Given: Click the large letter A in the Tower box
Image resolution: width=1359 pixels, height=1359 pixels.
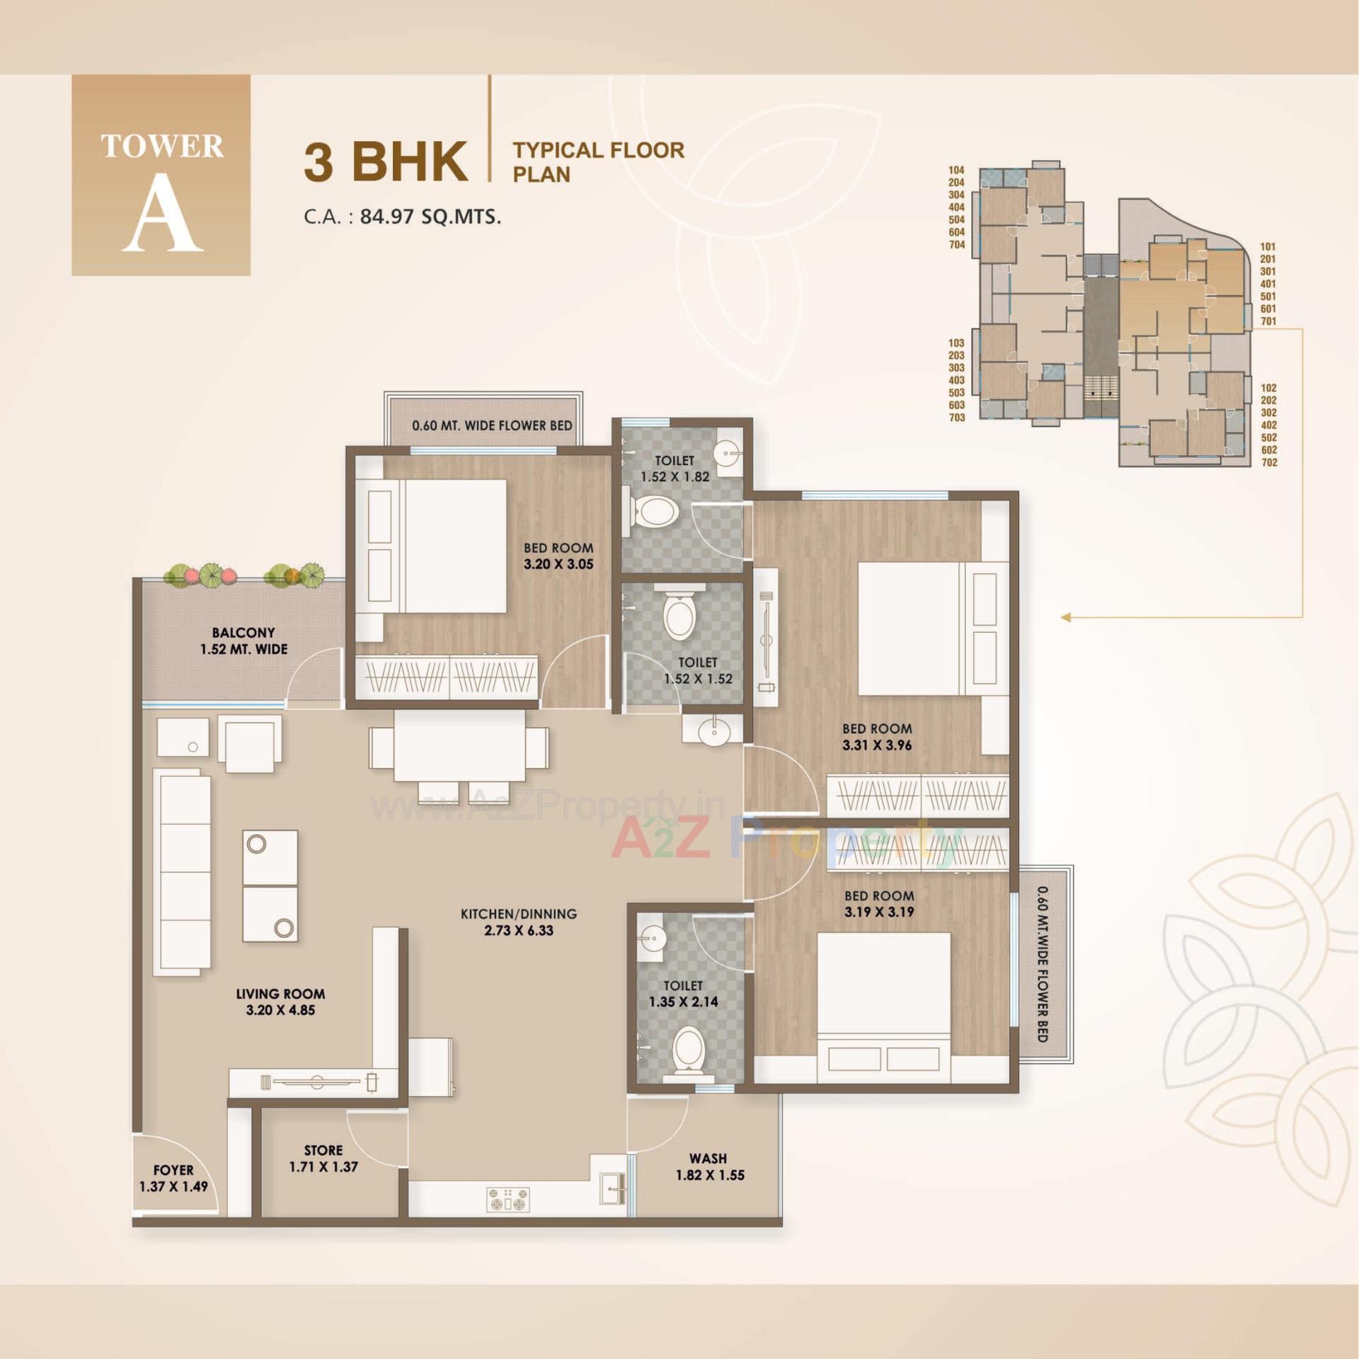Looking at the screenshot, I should tap(162, 213).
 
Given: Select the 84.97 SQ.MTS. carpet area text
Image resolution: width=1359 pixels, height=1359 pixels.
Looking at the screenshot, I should tap(430, 217).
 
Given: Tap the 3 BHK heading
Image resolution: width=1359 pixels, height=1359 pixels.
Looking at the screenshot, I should tap(386, 161).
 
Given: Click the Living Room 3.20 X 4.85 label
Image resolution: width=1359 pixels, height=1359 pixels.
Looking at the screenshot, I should tap(280, 1002).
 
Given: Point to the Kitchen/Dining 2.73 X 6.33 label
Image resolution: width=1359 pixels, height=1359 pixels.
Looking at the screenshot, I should tap(518, 922).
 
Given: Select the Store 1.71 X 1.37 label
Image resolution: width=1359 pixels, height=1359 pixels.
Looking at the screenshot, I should tap(323, 1158).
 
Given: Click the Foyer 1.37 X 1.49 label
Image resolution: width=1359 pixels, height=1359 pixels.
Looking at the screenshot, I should tap(173, 1178).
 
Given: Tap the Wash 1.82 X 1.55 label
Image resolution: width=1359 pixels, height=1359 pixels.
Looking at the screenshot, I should tap(709, 1166).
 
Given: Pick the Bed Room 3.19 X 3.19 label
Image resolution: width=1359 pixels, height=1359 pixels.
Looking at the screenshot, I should tap(879, 903).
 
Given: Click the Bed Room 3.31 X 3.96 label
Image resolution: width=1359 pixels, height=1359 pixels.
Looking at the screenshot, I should tap(877, 736).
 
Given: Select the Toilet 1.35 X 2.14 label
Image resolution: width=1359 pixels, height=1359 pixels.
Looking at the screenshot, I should tap(683, 993).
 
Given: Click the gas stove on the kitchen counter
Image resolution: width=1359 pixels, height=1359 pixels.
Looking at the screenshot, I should tap(508, 1199).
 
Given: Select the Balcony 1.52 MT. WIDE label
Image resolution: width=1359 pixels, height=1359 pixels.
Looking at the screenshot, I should tap(243, 641).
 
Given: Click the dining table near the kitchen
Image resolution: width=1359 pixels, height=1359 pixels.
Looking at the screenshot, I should tap(459, 746).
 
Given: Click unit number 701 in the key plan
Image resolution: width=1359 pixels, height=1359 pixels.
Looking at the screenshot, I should tap(1268, 321).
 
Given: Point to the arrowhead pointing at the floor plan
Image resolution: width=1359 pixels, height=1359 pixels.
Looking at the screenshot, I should tap(1066, 617).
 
